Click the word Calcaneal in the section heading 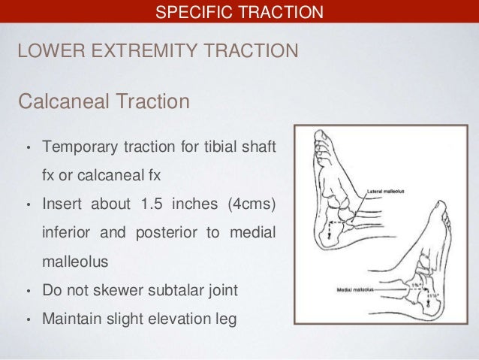tap(63, 100)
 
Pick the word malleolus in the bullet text tap(74, 261)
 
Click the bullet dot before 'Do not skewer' tap(28, 292)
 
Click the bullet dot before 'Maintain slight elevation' tap(28, 320)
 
